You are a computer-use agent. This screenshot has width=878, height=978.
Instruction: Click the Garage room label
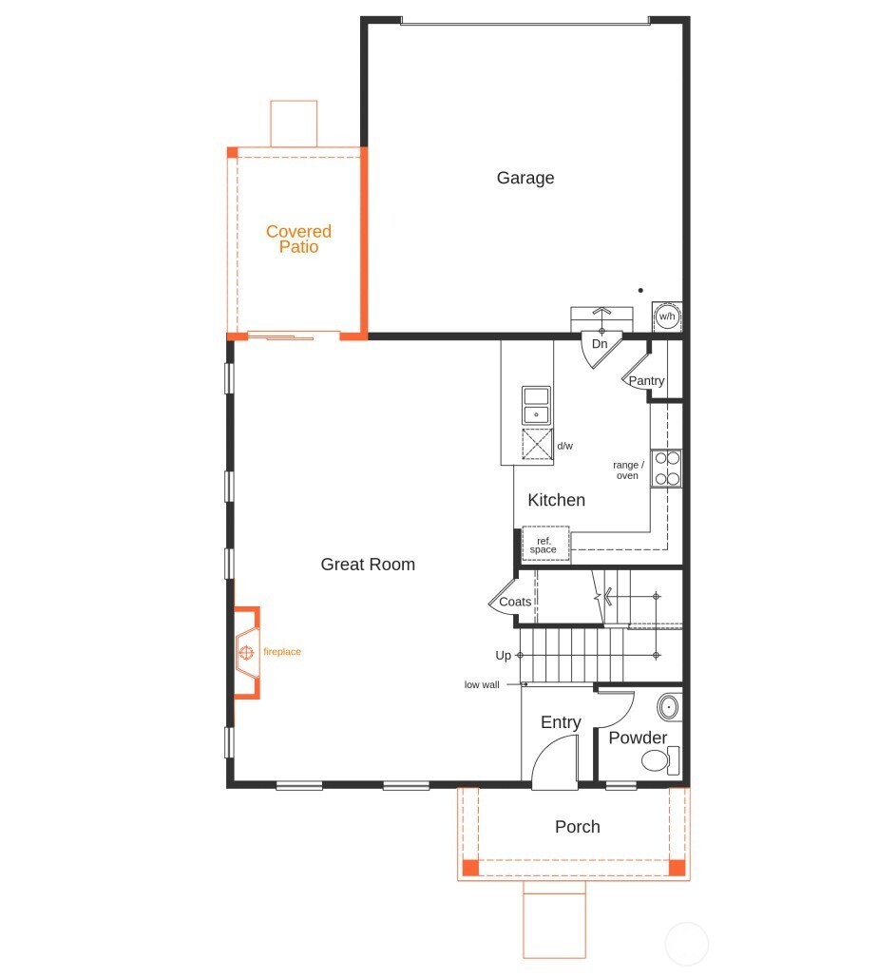[525, 178]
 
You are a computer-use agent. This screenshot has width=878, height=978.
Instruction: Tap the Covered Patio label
[298, 239]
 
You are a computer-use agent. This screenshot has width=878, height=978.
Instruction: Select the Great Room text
[368, 565]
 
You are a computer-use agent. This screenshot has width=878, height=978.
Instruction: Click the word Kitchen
[556, 500]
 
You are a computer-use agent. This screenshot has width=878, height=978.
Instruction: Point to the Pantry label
[646, 381]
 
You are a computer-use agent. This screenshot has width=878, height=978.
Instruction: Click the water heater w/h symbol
[667, 316]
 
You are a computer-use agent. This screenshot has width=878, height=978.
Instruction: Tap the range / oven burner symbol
[666, 468]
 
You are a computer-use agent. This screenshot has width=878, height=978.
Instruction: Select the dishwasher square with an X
[538, 445]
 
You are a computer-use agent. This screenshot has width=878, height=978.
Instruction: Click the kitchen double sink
[537, 405]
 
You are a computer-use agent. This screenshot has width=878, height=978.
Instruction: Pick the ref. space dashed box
[544, 545]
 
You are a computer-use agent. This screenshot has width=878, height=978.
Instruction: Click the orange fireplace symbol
[246, 652]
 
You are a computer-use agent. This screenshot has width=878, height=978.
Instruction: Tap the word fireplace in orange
[282, 652]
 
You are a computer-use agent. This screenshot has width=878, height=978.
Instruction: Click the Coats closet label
[515, 602]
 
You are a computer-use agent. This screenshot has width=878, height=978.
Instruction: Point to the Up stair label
[503, 656]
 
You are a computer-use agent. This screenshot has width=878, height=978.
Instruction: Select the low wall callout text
[482, 684]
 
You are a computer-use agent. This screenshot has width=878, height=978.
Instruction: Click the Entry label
[561, 722]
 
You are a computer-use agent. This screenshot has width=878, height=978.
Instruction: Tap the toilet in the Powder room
[657, 759]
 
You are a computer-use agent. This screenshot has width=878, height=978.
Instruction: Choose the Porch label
[577, 827]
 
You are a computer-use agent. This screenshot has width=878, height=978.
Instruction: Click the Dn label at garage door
[600, 343]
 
